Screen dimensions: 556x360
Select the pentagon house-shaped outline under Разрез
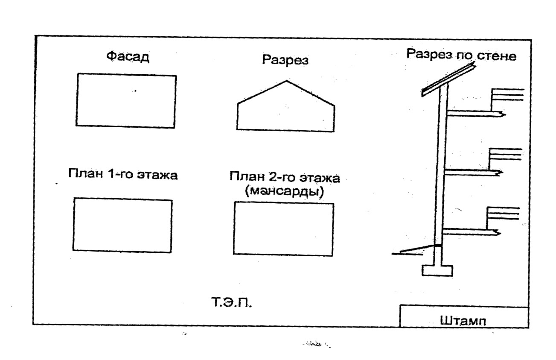click(x=286, y=109)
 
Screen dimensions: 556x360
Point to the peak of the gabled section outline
click(x=286, y=81)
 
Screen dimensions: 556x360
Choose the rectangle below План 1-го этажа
click(x=123, y=225)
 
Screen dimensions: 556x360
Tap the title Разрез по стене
click(x=462, y=55)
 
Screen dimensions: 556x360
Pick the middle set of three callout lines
click(x=505, y=154)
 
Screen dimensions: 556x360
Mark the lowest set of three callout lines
click(x=503, y=213)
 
